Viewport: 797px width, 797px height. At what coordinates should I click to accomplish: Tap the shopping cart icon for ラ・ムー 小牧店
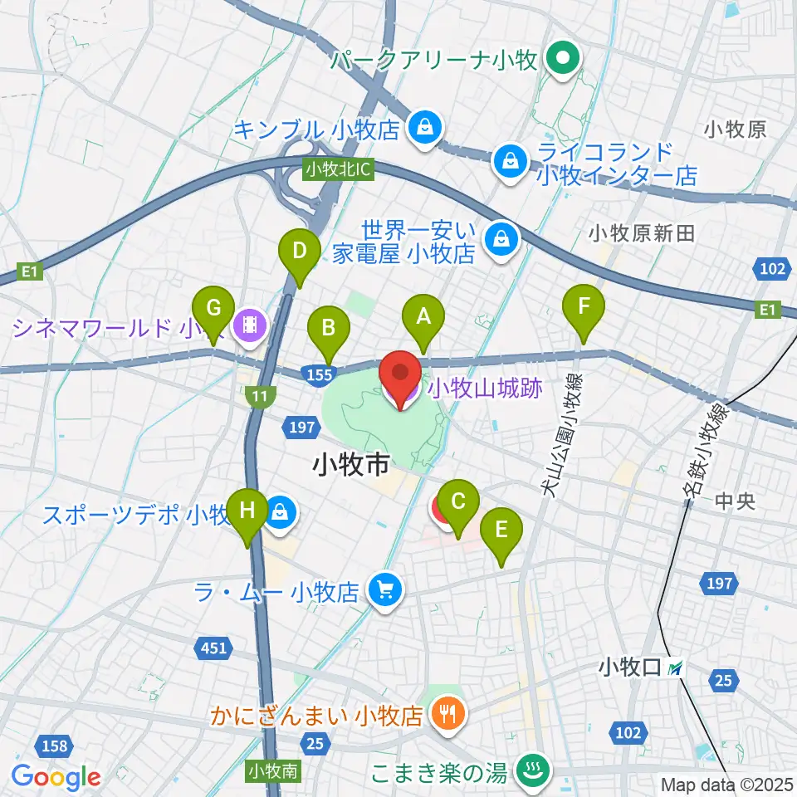[384, 591]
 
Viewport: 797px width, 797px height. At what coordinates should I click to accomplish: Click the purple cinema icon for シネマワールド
[250, 325]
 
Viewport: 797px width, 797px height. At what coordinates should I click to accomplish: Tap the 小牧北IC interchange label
[339, 169]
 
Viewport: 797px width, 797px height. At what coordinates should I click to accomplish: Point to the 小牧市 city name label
[351, 465]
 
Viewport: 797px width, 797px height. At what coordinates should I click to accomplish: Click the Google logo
[56, 776]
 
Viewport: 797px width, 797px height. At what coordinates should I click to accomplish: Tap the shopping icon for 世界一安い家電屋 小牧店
[501, 239]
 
